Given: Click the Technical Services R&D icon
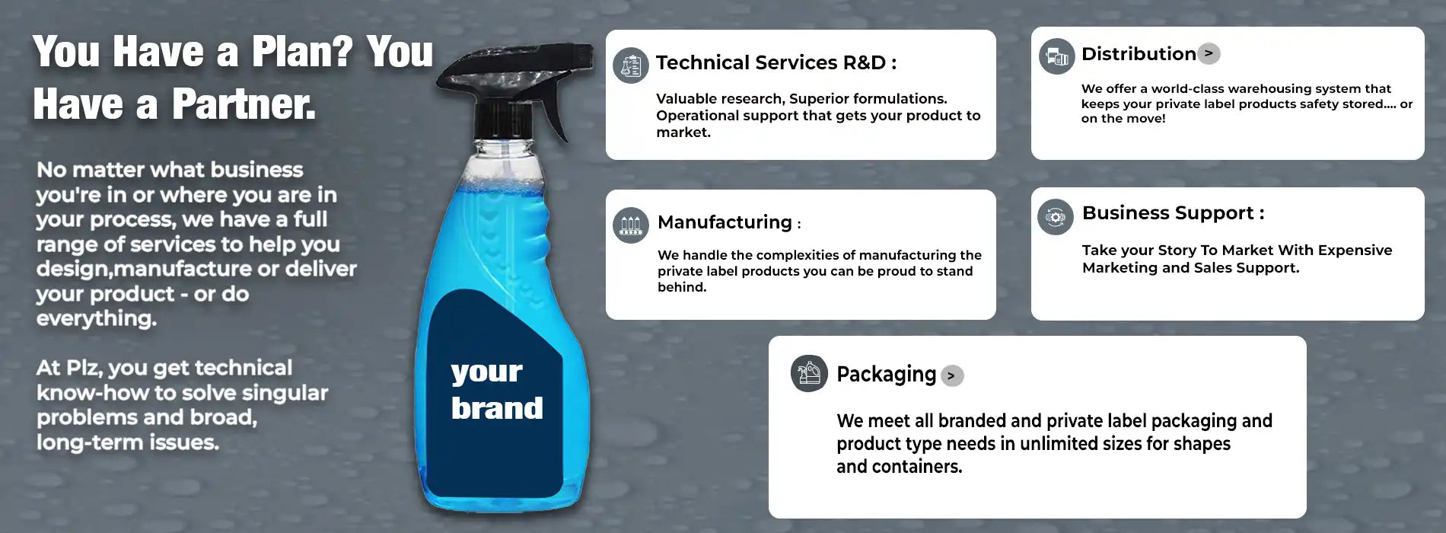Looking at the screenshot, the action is coord(631,65).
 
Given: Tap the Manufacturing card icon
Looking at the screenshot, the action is coord(631,225).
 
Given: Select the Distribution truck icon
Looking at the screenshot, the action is coord(1057,56).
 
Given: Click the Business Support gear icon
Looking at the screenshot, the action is coord(1056,217).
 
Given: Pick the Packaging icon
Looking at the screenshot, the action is coord(809,373).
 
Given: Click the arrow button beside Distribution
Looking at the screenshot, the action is coord(1209,53).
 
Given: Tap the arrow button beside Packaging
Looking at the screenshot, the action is coord(952,375).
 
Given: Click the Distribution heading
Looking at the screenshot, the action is coord(1139,54).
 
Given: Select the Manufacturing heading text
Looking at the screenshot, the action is coord(725,222).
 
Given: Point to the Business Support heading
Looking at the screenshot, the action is coord(1173,213).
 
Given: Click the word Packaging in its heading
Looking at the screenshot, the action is coord(886,375).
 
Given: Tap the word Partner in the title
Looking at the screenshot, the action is coord(243,104).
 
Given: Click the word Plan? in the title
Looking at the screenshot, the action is coord(302,52).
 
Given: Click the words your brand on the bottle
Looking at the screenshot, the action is coord(496,390).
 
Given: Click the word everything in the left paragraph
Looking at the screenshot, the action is coord(97,318).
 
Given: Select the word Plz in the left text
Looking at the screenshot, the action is coord(82,368).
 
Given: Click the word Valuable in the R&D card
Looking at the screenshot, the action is coord(689,98).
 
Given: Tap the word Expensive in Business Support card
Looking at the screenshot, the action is coord(1347,251).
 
